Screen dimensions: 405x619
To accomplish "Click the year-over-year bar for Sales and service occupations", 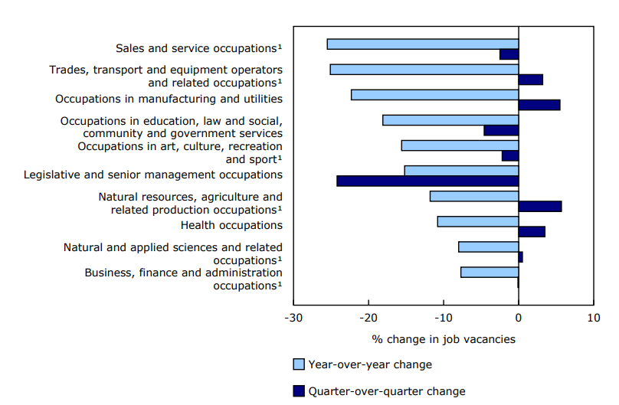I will coord(422,44).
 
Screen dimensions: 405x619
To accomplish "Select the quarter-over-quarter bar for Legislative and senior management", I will coord(427,181).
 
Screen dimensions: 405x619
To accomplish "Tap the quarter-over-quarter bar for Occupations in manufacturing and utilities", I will coord(539,105).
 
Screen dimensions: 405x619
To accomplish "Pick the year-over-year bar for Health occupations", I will coord(478,221).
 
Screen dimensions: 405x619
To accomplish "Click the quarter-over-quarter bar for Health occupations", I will coord(532,232).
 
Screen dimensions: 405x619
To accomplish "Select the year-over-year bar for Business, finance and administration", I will coord(490,273).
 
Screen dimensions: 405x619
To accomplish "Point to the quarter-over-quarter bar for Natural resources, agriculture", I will coord(540,207).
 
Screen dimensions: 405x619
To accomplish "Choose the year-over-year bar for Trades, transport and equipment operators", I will coord(424,69).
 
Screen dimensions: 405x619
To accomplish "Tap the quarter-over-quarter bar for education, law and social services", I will coord(501,130).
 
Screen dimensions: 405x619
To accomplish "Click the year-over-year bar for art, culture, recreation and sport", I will coord(460,145).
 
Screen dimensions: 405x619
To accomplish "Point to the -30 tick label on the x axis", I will coord(293,318).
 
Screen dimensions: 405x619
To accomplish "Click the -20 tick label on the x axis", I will coord(368,318).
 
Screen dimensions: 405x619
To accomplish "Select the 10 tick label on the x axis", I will coord(593,318).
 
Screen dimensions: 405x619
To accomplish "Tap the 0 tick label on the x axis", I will coord(519,318).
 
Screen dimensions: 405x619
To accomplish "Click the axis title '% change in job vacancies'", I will coord(444,339).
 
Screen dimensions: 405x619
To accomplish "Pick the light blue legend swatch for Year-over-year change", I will coord(299,364).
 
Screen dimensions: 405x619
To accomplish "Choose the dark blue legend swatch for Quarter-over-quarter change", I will coord(299,391).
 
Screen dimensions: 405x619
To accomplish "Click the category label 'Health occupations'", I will coord(231,225).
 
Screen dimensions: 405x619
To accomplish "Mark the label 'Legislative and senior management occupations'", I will coord(153,175).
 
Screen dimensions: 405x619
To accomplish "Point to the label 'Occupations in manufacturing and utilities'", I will coord(169,99).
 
